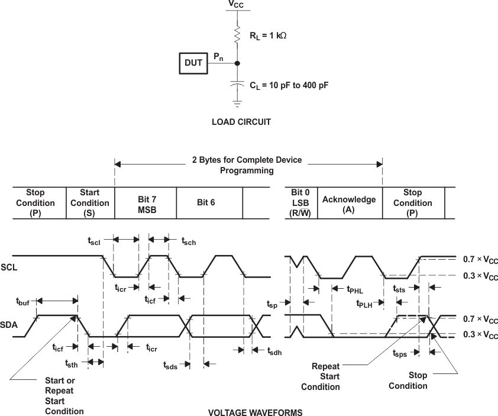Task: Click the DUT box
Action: [x=194, y=63]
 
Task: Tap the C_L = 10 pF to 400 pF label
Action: [x=289, y=85]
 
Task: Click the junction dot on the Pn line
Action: [x=237, y=63]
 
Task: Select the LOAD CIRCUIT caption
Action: [x=241, y=122]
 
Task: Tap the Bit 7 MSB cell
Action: [x=145, y=203]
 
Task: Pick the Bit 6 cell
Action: [x=209, y=203]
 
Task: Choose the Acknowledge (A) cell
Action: [x=349, y=204]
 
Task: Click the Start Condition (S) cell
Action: [x=89, y=203]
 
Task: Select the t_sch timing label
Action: [x=189, y=241]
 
